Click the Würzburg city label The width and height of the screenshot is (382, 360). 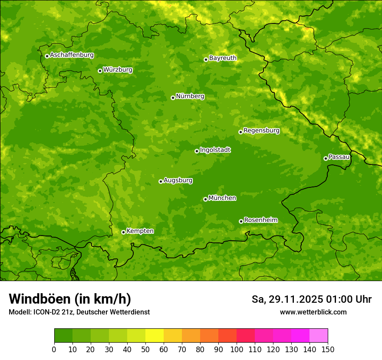pos(118,70)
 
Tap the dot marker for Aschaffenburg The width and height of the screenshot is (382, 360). pos(47,56)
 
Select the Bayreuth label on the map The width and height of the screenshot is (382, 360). pos(223,58)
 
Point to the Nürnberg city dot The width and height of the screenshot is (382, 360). pos(173,98)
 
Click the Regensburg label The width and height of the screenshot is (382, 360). pos(261,131)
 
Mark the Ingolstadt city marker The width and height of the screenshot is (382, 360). pos(197,151)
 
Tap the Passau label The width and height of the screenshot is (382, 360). pos(339,157)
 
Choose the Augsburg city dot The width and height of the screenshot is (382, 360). pos(161,181)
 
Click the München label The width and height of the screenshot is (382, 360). pos(222,198)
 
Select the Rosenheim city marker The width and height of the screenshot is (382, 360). pos(241,221)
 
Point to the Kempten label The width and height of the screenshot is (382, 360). pos(140,231)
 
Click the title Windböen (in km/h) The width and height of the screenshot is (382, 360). pos(70,299)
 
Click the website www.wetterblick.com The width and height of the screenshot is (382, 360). pos(313,312)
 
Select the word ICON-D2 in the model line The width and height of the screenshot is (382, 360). pos(47,312)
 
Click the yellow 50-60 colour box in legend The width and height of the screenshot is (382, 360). pos(155,336)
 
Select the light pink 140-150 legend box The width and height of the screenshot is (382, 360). pos(319,336)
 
